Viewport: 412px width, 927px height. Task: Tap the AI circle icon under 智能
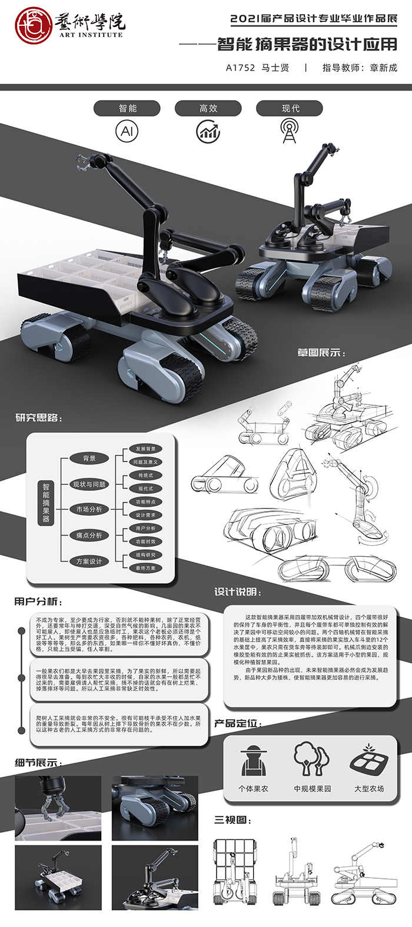click(127, 131)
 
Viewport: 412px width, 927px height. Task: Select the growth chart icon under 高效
click(208, 131)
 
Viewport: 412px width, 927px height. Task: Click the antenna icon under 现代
click(289, 131)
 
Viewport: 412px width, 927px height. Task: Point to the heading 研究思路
click(39, 418)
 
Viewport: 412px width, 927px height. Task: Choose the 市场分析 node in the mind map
click(89, 509)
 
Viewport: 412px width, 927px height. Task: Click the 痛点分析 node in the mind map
click(89, 535)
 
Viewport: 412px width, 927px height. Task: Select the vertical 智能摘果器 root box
click(46, 503)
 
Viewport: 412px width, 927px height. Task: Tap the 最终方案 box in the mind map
click(145, 568)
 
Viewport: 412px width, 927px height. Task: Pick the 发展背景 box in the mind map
click(145, 449)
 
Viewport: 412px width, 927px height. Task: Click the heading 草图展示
click(321, 353)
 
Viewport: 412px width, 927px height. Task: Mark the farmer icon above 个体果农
click(254, 762)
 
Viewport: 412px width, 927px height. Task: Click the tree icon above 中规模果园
click(311, 759)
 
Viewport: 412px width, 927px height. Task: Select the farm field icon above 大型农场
click(368, 760)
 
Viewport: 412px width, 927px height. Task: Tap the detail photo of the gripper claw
click(58, 808)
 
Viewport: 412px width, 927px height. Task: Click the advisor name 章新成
click(383, 68)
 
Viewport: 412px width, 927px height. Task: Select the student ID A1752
click(240, 68)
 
